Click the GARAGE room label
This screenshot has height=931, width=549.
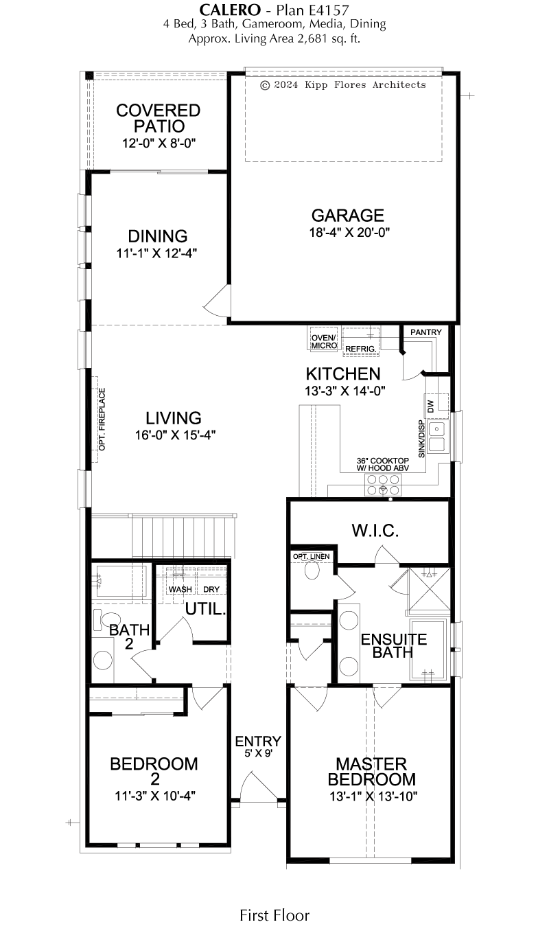348,216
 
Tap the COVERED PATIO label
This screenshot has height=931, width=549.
159,118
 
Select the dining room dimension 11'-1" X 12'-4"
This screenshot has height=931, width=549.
156,253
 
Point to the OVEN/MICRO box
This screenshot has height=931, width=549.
324,342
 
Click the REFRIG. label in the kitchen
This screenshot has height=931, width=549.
360,349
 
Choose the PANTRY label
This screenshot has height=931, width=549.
425,332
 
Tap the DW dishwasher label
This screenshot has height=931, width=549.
430,406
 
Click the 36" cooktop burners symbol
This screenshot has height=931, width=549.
383,485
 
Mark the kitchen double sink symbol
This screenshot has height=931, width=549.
437,437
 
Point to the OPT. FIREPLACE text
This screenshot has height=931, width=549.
102,419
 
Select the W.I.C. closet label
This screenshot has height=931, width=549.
375,531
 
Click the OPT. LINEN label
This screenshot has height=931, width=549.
311,557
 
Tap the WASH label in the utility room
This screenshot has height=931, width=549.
180,589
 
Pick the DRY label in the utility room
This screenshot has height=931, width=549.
211,589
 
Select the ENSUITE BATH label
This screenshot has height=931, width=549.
393,646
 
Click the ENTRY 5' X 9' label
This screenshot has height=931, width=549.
258,746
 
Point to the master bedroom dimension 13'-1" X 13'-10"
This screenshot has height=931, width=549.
373,796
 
